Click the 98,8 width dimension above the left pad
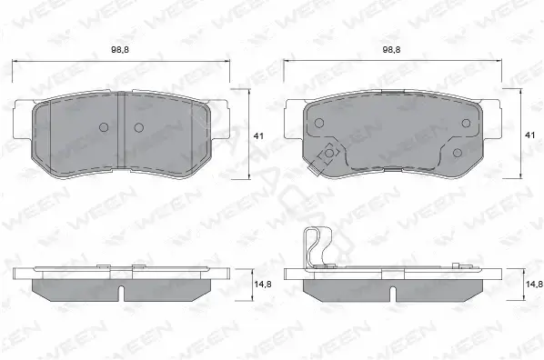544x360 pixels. [120, 50]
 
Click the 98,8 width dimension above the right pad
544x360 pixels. [392, 50]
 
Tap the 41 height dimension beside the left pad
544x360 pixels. [258, 136]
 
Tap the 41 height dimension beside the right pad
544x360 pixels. [530, 135]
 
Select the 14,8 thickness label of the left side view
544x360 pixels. [263, 285]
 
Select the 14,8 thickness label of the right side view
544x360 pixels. [534, 285]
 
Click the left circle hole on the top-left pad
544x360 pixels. [104, 127]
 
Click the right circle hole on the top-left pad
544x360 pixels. [139, 127]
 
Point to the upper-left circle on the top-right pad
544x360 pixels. [318, 123]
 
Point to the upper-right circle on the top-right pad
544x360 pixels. [467, 123]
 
